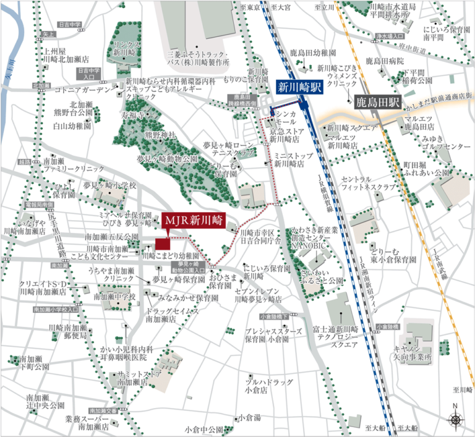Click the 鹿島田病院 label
385,61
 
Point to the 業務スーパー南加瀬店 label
86,423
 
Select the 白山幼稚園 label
71,125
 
